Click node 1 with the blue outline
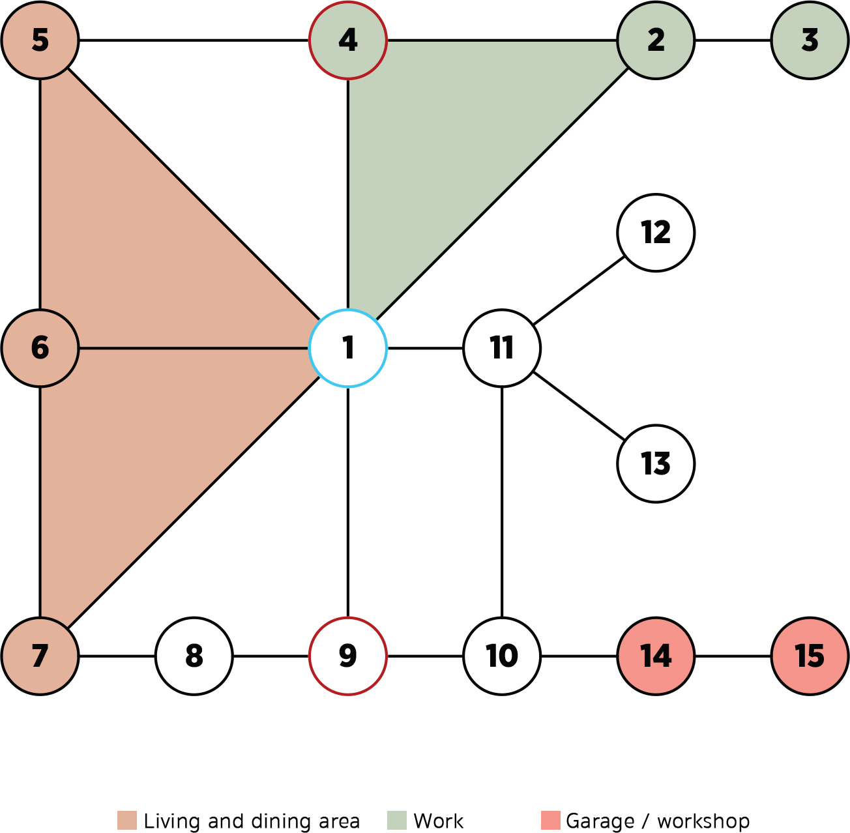[x=348, y=348]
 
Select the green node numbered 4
[x=348, y=40]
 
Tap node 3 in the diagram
[x=810, y=40]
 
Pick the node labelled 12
[x=656, y=233]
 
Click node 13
[x=656, y=463]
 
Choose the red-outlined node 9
[x=348, y=656]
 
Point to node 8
[x=194, y=656]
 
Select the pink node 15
[x=810, y=656]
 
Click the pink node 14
[x=656, y=656]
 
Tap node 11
[x=502, y=348]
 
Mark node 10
[x=502, y=656]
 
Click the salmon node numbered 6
[x=40, y=348]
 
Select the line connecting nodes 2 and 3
[x=733, y=40]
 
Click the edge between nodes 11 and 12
[x=579, y=291]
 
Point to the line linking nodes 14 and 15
[x=733, y=656]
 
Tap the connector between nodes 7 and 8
[x=117, y=656]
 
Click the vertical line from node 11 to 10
[x=502, y=502]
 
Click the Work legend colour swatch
[x=397, y=821]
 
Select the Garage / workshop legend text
[x=658, y=821]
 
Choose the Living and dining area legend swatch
[x=127, y=821]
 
